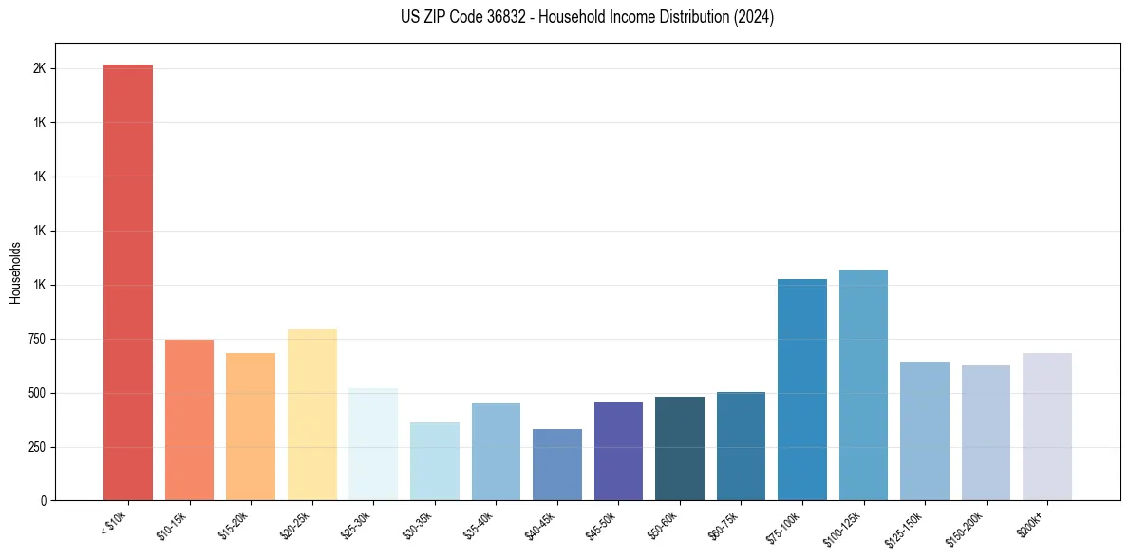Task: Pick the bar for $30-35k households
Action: pyautogui.click(x=434, y=461)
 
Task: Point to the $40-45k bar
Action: pyautogui.click(x=556, y=465)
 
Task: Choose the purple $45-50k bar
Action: pyautogui.click(x=618, y=452)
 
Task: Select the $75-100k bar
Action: pyautogui.click(x=802, y=389)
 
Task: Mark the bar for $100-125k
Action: pyautogui.click(x=863, y=384)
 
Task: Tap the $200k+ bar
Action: pyautogui.click(x=1047, y=426)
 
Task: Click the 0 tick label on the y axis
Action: pyautogui.click(x=43, y=501)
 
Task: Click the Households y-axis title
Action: pyautogui.click(x=16, y=272)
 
